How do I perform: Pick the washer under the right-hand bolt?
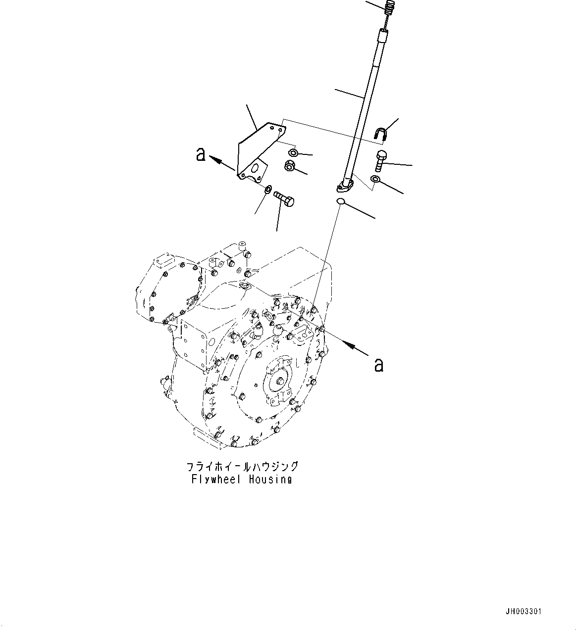tap(376, 179)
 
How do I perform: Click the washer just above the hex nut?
tap(293, 152)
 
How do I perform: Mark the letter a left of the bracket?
tap(200, 154)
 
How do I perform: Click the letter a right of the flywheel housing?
tap(379, 365)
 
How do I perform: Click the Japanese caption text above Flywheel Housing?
tap(242, 467)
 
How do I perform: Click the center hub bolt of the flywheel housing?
tap(280, 381)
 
